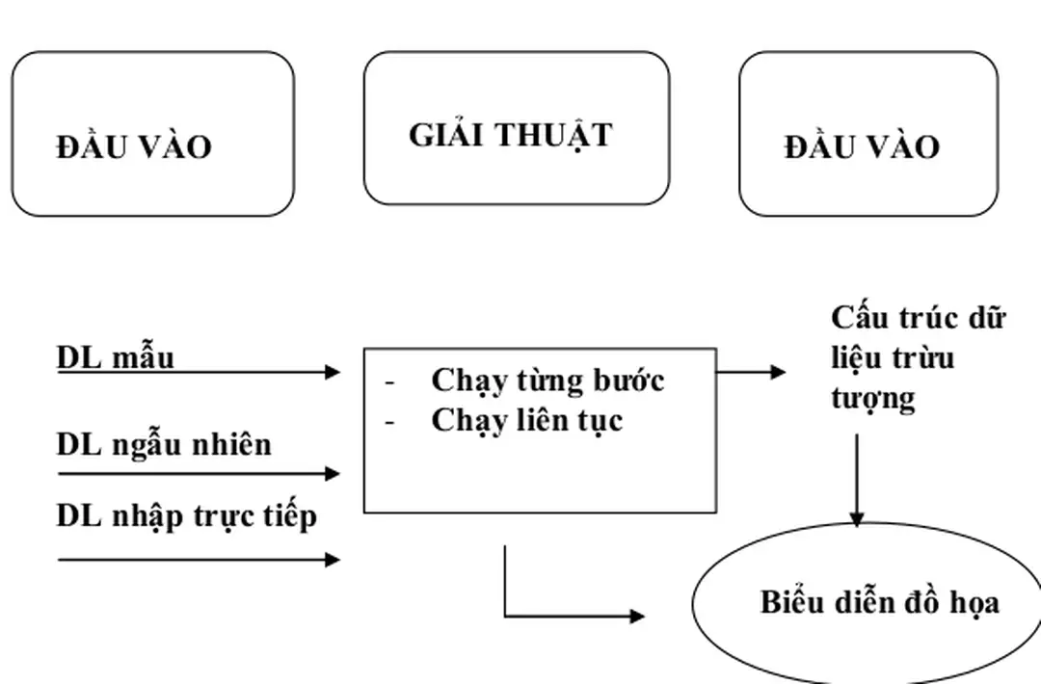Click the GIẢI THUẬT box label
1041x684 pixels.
510,135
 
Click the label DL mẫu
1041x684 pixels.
116,356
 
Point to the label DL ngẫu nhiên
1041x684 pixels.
164,444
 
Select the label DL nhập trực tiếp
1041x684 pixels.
186,516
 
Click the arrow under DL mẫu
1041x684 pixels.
199,372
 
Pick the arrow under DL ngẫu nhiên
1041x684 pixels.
199,473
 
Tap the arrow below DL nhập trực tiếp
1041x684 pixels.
199,559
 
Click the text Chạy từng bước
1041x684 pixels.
547,380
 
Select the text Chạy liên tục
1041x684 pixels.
526,420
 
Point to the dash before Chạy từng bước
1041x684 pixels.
390,381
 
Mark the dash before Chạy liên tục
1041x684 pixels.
390,422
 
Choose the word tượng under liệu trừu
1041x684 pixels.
872,397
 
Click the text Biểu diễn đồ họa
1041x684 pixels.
879,602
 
